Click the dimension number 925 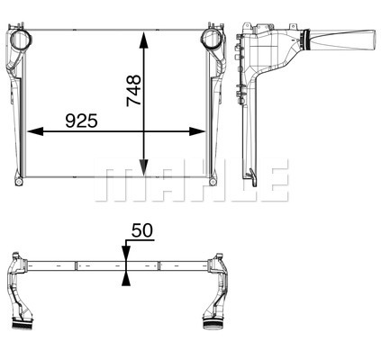(x=81, y=121)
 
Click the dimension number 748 (x=134, y=91)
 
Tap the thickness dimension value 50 (x=142, y=230)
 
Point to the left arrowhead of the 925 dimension (x=35, y=131)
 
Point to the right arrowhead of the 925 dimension (x=197, y=131)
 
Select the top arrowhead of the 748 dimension (x=144, y=40)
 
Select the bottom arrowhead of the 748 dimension (x=144, y=167)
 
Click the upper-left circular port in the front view (x=22, y=41)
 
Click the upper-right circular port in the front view (x=213, y=40)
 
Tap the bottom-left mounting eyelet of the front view (x=19, y=182)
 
